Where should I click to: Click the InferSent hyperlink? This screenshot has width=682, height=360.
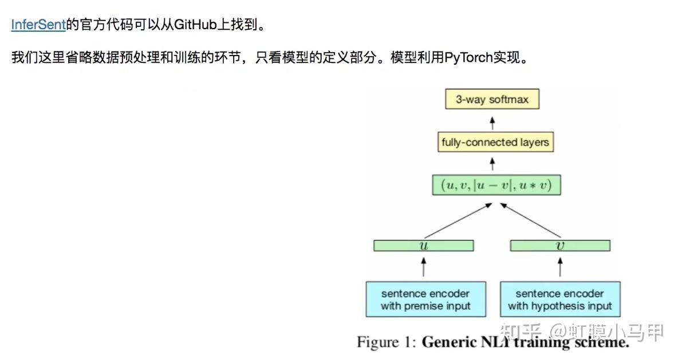(38, 25)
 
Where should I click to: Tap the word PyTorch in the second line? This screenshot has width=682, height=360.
(468, 58)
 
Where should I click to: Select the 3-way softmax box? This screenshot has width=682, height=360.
(492, 99)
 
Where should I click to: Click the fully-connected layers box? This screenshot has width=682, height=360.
(495, 142)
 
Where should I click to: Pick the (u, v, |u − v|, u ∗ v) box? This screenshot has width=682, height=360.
(495, 185)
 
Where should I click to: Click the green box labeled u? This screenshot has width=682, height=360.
(423, 246)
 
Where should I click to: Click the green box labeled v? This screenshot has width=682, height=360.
(559, 246)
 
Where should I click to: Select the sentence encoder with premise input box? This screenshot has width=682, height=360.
(425, 299)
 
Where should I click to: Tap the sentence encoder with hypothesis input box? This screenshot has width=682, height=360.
(560, 299)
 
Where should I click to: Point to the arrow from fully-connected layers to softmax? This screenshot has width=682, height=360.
(492, 121)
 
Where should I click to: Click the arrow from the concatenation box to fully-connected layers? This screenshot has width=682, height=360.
(492, 164)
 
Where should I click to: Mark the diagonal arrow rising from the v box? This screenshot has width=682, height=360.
(533, 220)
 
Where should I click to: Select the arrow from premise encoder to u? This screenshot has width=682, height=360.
(424, 266)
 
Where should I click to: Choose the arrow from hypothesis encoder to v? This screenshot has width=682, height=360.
(560, 266)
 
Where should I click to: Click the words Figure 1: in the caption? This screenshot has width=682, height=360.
(387, 342)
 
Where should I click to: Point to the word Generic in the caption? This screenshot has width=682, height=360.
(451, 342)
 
